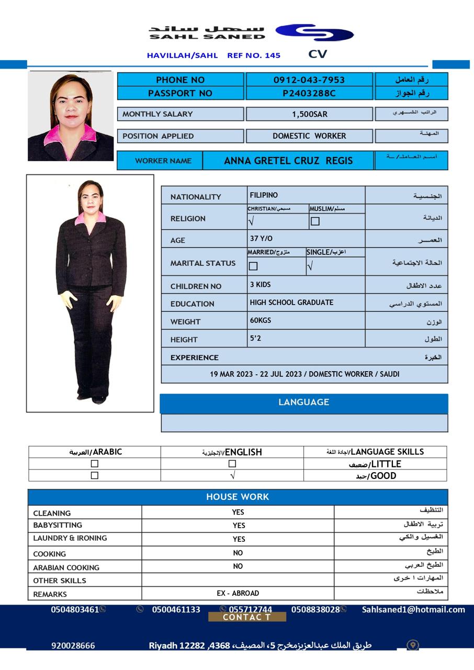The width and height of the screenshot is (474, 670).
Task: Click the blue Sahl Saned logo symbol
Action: pos(314,32)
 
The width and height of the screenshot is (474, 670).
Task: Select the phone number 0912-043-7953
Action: pos(309,80)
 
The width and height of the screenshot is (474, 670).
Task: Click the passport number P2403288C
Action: pos(309,94)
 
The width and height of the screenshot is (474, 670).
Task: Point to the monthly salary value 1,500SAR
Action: pos(309,114)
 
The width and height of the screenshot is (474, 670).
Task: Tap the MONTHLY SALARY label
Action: pos(157,114)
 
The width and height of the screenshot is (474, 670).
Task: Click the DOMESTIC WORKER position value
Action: pos(309,136)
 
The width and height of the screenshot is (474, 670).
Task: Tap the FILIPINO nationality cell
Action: pos(264,195)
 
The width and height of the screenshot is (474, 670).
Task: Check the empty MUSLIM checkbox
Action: pos(315,221)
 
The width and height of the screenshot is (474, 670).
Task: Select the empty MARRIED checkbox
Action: pos(253,266)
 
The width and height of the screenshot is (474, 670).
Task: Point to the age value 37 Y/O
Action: pos(261,239)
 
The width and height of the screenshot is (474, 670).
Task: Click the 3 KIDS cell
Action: pos(260,285)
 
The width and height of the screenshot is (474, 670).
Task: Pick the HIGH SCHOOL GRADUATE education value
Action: pos(291,303)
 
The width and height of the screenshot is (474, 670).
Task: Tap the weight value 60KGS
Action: pos(261,320)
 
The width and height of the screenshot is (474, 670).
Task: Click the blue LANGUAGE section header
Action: pos(303,403)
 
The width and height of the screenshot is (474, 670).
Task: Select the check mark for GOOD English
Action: pos(232,475)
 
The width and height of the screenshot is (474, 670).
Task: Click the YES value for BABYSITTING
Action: pos(239,526)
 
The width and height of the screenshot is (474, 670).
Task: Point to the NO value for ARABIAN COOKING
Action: pos(238,566)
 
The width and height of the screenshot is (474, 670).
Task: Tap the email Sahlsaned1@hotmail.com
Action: pos(413,609)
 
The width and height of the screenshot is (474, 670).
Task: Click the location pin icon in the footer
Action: pos(413,645)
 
